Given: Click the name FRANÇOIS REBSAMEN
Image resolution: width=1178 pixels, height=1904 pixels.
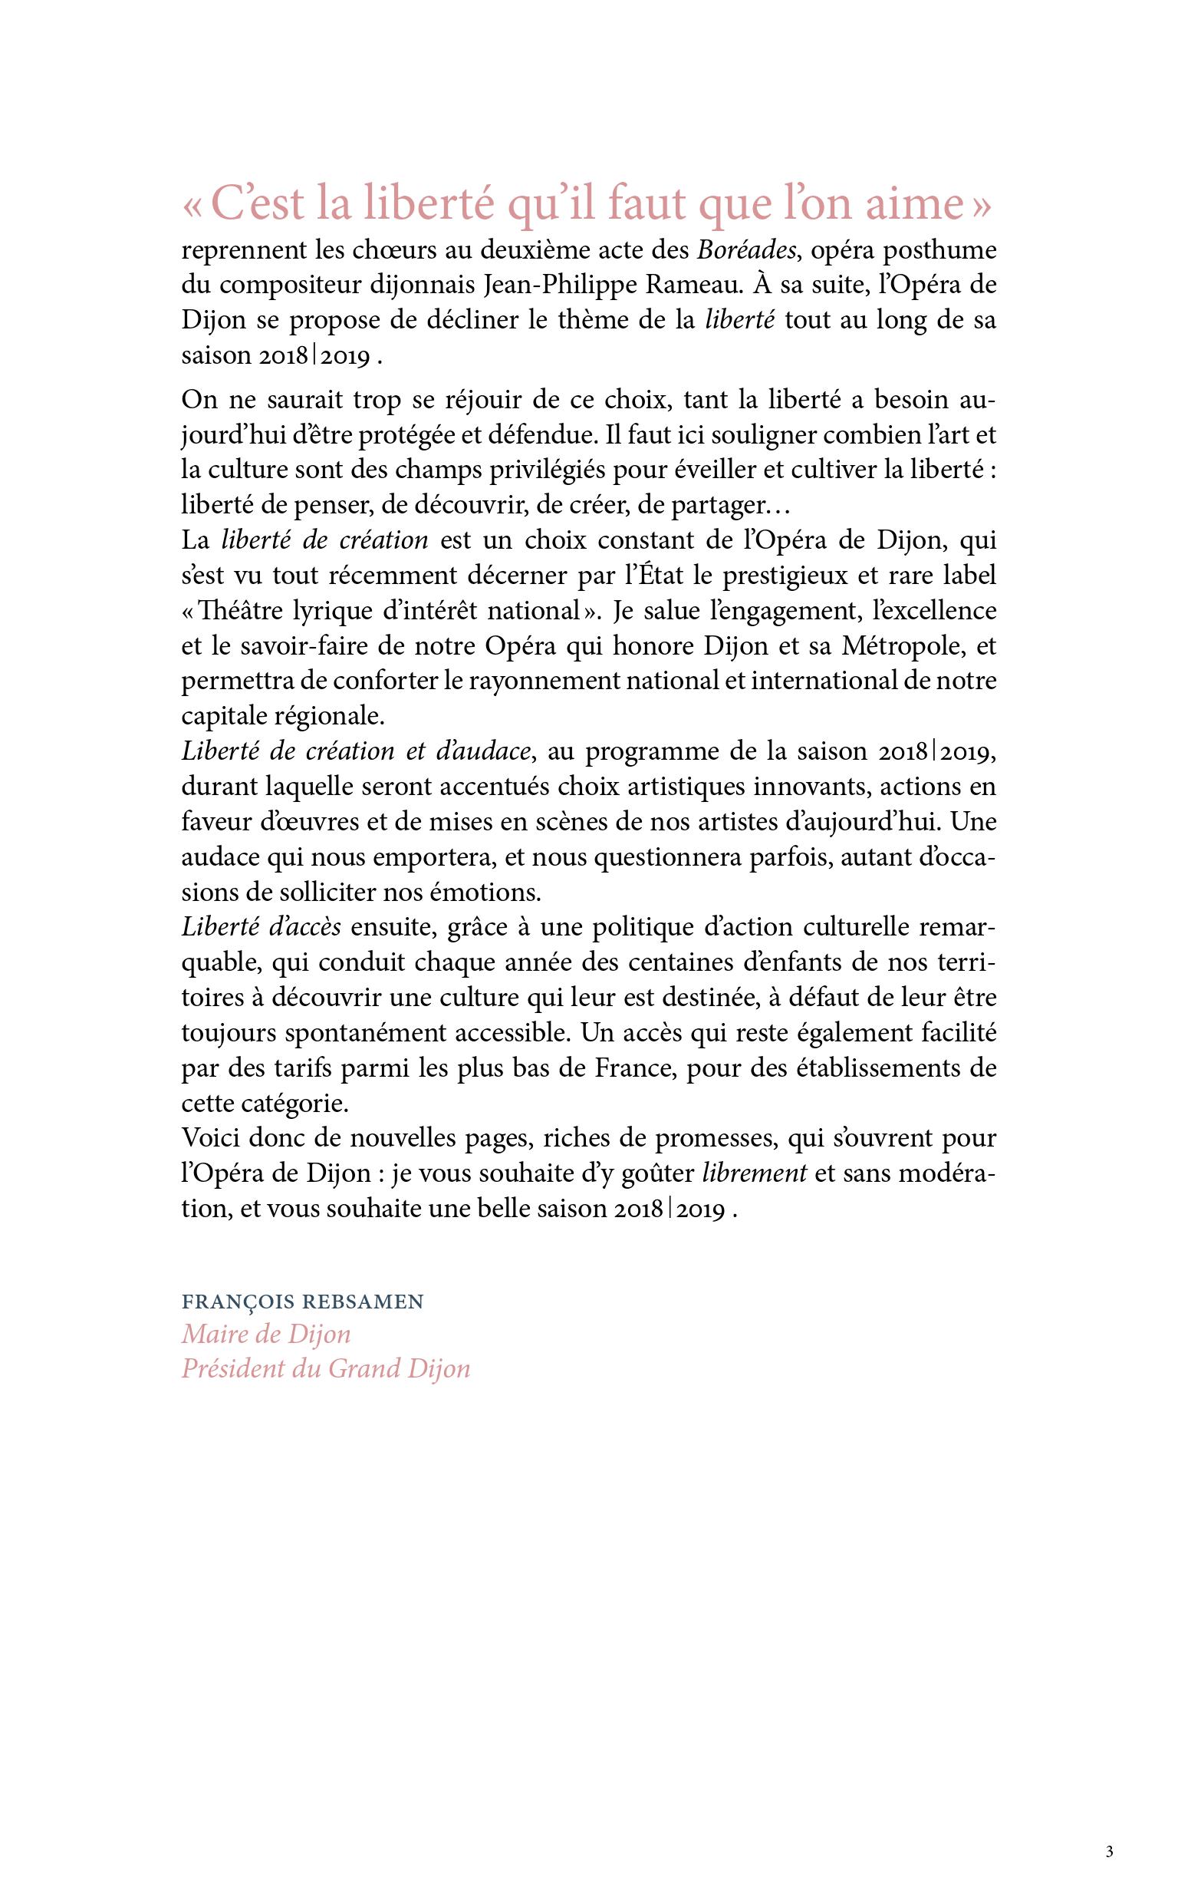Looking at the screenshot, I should pyautogui.click(x=302, y=1302).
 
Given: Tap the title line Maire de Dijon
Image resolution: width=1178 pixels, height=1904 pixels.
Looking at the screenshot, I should pyautogui.click(x=265, y=1335).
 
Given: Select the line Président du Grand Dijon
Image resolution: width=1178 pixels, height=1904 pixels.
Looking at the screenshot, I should pyautogui.click(x=326, y=1368).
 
